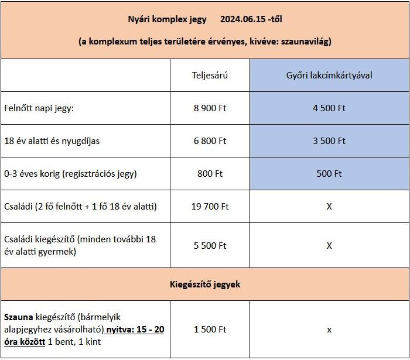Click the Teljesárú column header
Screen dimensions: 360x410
tap(210, 76)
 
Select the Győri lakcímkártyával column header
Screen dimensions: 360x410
tap(329, 76)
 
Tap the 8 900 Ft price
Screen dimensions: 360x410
tap(210, 108)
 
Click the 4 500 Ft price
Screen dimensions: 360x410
tap(329, 108)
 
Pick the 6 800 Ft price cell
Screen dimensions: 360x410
tap(210, 141)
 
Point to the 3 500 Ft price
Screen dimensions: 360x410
tap(329, 141)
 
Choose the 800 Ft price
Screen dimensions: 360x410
tap(210, 174)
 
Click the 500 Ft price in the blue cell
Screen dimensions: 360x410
tap(329, 174)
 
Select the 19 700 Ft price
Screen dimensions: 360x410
tap(210, 207)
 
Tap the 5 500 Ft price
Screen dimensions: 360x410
tap(210, 246)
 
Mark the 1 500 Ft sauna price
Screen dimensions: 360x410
tap(210, 330)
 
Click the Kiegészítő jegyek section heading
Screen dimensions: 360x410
tap(204, 284)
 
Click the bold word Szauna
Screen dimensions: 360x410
tap(18, 317)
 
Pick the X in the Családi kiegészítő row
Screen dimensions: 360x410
tap(329, 246)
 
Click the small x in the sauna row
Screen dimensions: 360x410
tap(329, 330)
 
